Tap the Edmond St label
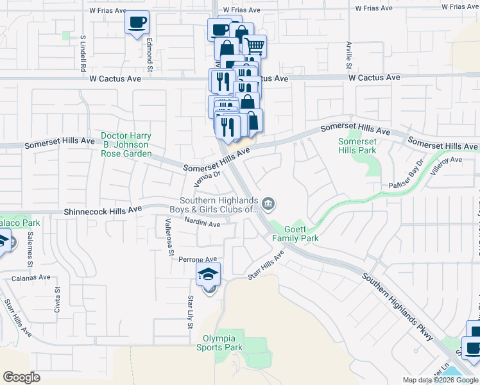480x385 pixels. tap(149, 55)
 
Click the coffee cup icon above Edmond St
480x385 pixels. tap(137, 23)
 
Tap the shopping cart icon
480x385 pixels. tap(254, 46)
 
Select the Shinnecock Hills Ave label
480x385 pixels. tap(103, 211)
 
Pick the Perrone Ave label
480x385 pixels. tap(198, 261)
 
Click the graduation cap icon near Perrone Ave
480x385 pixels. tap(209, 275)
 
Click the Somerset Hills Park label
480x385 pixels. tap(357, 146)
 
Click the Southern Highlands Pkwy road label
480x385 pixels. tap(399, 307)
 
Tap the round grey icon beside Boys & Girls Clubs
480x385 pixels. tap(269, 204)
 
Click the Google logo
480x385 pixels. tap(22, 377)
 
